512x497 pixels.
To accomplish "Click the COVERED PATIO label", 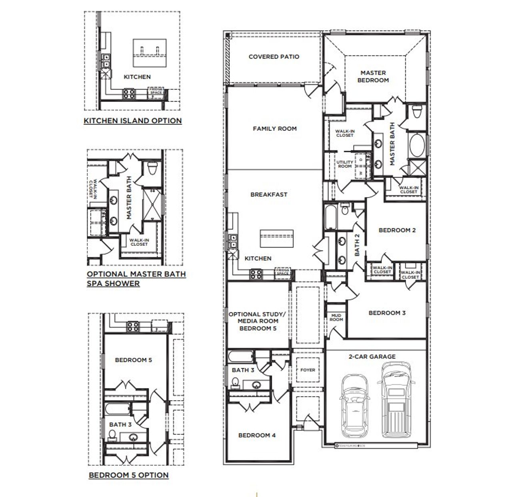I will [274, 57].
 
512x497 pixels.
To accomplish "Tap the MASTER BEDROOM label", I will [373, 76].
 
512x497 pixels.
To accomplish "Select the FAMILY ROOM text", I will [274, 129].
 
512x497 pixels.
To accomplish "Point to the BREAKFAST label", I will [269, 195].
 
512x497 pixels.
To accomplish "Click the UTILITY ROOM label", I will [344, 164].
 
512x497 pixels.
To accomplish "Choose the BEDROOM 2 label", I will [397, 230].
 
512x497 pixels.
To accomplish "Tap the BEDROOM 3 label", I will [387, 313].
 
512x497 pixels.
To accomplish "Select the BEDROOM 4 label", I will [257, 435].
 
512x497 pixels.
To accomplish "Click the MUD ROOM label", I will [336, 317].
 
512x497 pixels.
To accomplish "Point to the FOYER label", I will [308, 370].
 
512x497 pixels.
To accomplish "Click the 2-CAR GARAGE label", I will [372, 357].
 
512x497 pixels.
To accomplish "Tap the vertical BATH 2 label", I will [357, 245].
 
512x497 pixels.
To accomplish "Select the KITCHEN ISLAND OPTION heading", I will [132, 121].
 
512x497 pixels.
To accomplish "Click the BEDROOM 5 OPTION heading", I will [128, 475].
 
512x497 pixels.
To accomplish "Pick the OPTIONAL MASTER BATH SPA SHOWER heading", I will [136, 279].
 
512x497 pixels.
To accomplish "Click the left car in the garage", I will [354, 405].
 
